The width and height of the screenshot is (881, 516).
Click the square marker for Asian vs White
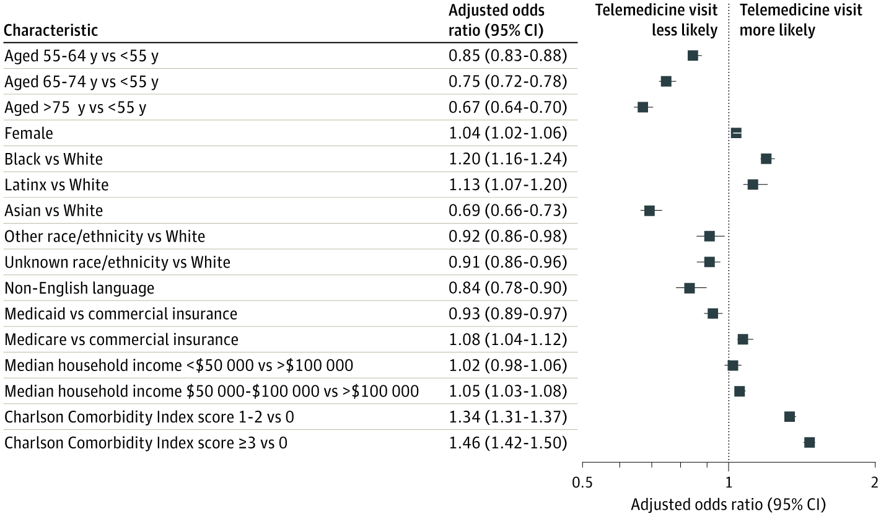pyautogui.click(x=649, y=211)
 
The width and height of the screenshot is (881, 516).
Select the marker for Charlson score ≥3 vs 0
pyautogui.click(x=809, y=442)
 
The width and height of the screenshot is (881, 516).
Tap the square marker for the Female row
pyautogui.click(x=736, y=133)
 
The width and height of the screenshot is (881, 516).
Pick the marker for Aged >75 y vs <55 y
pyautogui.click(x=643, y=107)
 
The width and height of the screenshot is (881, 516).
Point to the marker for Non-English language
pyautogui.click(x=690, y=288)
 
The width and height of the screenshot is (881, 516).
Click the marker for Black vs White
pyautogui.click(x=766, y=159)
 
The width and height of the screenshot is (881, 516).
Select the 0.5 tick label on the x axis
pyautogui.click(x=582, y=482)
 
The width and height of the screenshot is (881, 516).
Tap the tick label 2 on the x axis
pyautogui.click(x=874, y=482)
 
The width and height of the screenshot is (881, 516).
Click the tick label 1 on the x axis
pyautogui.click(x=729, y=482)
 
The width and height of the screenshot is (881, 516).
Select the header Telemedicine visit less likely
pyautogui.click(x=657, y=20)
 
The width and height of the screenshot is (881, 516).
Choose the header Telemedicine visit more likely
pyautogui.click(x=801, y=20)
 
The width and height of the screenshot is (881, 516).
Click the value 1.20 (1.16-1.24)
pyautogui.click(x=507, y=159)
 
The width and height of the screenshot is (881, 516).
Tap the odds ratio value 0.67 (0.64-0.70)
pyautogui.click(x=507, y=107)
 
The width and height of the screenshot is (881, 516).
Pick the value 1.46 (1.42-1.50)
pyautogui.click(x=507, y=443)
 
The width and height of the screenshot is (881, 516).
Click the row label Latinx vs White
pyautogui.click(x=56, y=185)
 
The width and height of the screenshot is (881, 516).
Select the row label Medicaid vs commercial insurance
pyautogui.click(x=121, y=313)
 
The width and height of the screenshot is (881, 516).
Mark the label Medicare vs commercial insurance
pyautogui.click(x=121, y=339)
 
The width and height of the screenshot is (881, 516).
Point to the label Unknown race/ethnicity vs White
pyautogui.click(x=117, y=262)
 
